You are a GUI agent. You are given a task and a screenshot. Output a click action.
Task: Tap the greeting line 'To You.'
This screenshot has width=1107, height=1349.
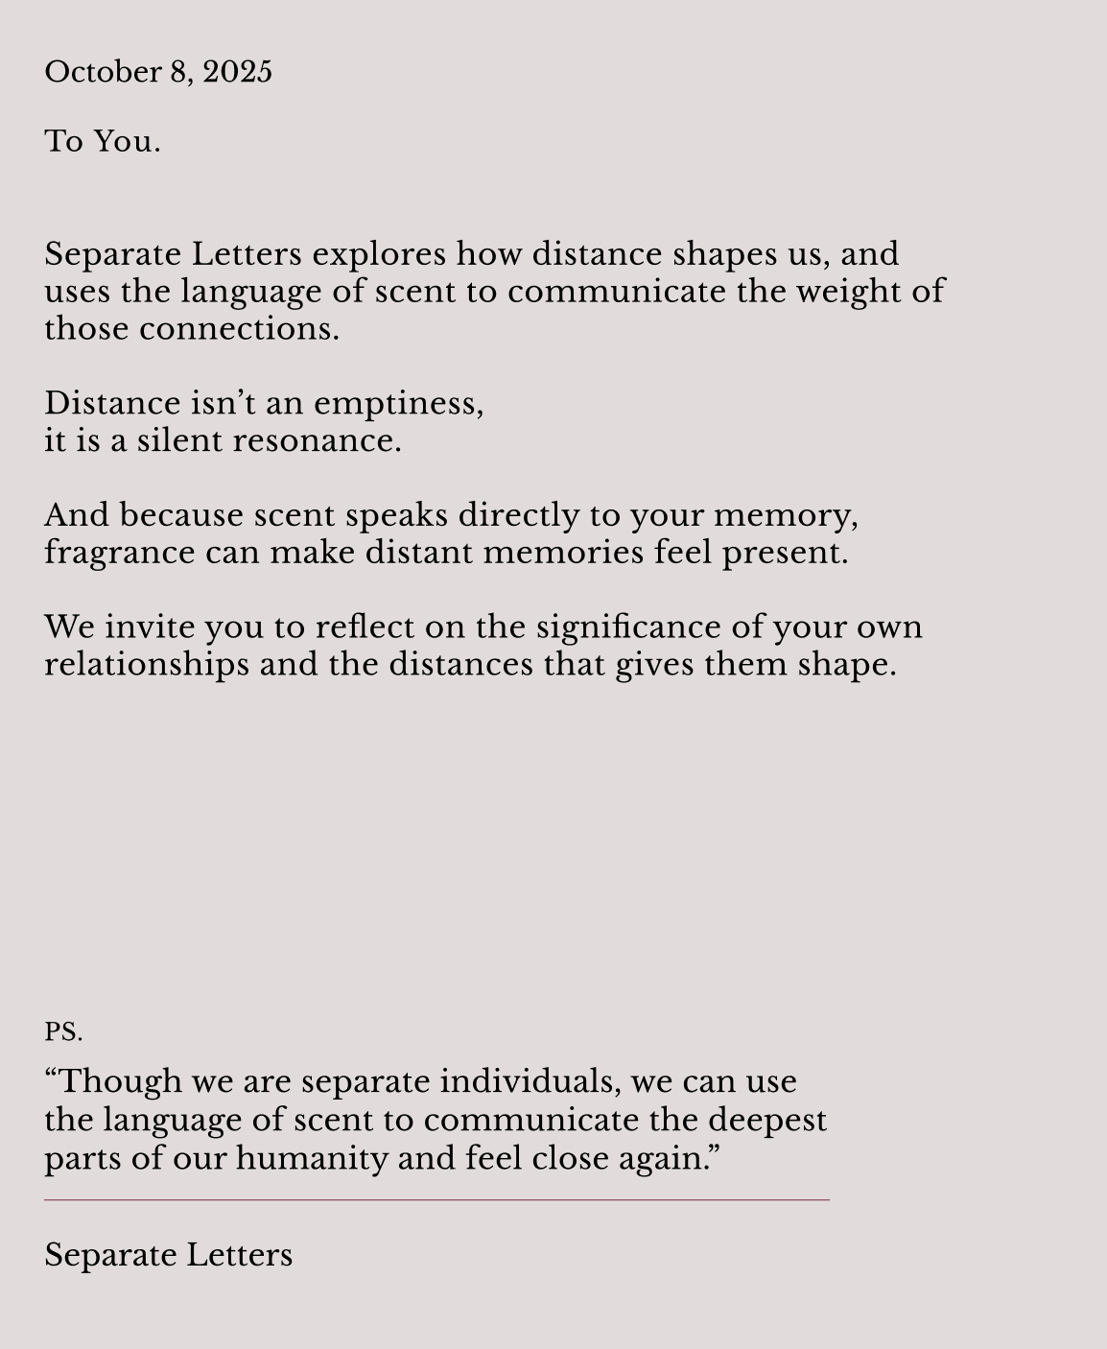pyautogui.click(x=103, y=142)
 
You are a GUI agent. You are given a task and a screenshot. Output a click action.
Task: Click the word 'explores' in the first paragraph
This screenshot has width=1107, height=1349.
pyautogui.click(x=379, y=255)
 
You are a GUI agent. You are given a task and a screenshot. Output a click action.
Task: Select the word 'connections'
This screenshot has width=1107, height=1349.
pyautogui.click(x=239, y=329)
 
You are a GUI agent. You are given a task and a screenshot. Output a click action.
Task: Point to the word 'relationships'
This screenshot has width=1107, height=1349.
pyautogui.click(x=146, y=665)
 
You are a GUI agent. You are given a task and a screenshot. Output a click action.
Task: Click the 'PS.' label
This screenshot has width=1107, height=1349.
pyautogui.click(x=63, y=1032)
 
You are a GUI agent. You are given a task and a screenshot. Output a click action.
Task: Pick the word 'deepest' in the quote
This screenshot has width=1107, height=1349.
pyautogui.click(x=767, y=1121)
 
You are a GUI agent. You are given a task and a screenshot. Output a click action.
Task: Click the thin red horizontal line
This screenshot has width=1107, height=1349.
pyautogui.click(x=436, y=1199)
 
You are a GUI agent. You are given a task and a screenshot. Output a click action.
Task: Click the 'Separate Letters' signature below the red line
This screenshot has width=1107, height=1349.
pyautogui.click(x=169, y=1255)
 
